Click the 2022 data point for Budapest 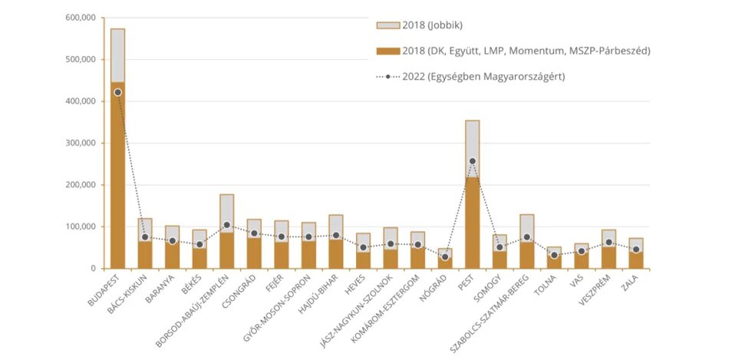point(117,92)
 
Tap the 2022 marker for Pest point(472,161)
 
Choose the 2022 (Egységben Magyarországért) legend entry point(483,77)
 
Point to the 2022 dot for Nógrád point(445,257)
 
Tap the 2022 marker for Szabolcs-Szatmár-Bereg point(526,238)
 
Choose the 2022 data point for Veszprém point(609,243)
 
